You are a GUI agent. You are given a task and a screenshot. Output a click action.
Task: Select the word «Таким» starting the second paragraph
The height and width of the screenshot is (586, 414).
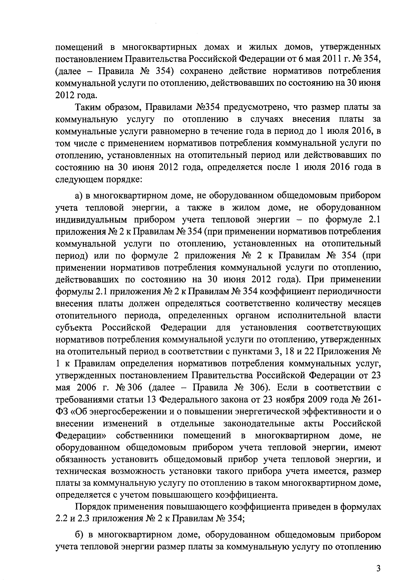(88, 107)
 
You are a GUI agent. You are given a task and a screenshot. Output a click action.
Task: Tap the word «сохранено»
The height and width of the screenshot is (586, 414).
(201, 71)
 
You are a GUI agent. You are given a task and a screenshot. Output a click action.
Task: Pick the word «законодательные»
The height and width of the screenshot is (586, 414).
(259, 423)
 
